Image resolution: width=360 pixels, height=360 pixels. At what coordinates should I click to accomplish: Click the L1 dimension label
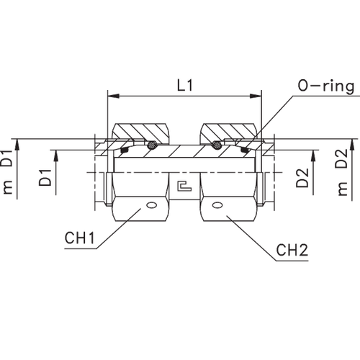tap(185, 86)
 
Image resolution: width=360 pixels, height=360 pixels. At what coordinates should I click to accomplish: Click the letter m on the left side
tap(8, 189)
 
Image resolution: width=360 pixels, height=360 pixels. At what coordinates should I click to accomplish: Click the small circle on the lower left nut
tap(150, 205)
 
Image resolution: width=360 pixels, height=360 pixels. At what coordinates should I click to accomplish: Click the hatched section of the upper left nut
tap(140, 135)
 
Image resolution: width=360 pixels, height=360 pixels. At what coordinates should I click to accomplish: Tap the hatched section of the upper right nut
tap(229, 135)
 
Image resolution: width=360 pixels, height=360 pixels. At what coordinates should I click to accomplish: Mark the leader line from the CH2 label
tap(248, 229)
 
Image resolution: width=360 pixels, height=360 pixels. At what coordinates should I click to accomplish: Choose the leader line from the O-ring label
tap(277, 115)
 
